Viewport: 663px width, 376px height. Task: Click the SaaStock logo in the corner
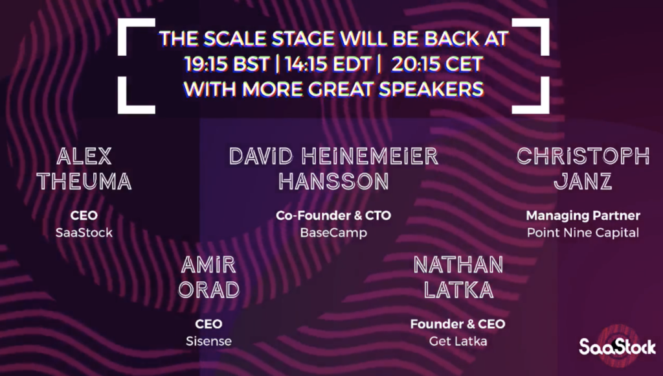617,347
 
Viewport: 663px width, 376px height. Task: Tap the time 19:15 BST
227,64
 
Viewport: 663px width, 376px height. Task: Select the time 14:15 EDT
328,64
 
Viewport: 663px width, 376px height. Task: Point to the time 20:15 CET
437,64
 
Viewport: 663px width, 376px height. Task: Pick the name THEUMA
84,182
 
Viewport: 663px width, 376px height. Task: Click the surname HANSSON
333,182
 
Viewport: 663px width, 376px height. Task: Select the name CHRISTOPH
583,156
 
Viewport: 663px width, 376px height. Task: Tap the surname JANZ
583,182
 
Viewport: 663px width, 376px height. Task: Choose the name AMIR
208,265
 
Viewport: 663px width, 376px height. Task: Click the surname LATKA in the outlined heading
458,290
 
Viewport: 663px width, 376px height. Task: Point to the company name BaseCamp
333,233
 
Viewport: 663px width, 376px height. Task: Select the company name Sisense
208,341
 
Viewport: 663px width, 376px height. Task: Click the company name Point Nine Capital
583,233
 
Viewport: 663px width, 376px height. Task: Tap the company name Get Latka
458,341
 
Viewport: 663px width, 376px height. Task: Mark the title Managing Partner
583,215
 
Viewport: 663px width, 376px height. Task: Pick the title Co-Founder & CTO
333,215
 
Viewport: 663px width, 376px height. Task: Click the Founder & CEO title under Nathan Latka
458,324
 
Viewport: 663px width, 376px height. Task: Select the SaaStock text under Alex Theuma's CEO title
84,233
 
